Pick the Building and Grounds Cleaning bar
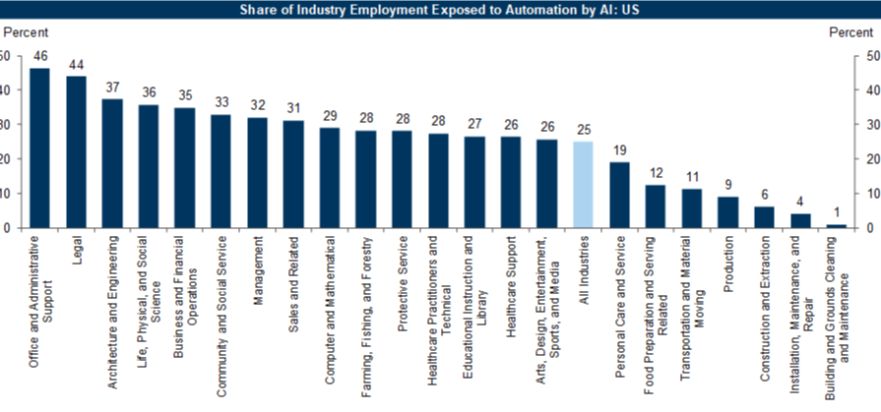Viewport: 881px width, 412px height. [836, 226]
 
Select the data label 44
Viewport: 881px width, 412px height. [76, 65]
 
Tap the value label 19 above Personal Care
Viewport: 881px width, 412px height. [619, 151]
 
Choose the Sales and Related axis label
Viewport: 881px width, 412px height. [293, 271]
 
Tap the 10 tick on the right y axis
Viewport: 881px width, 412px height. [870, 194]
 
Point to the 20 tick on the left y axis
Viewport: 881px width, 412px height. [5, 159]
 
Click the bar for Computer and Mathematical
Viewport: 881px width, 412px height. [329, 178]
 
